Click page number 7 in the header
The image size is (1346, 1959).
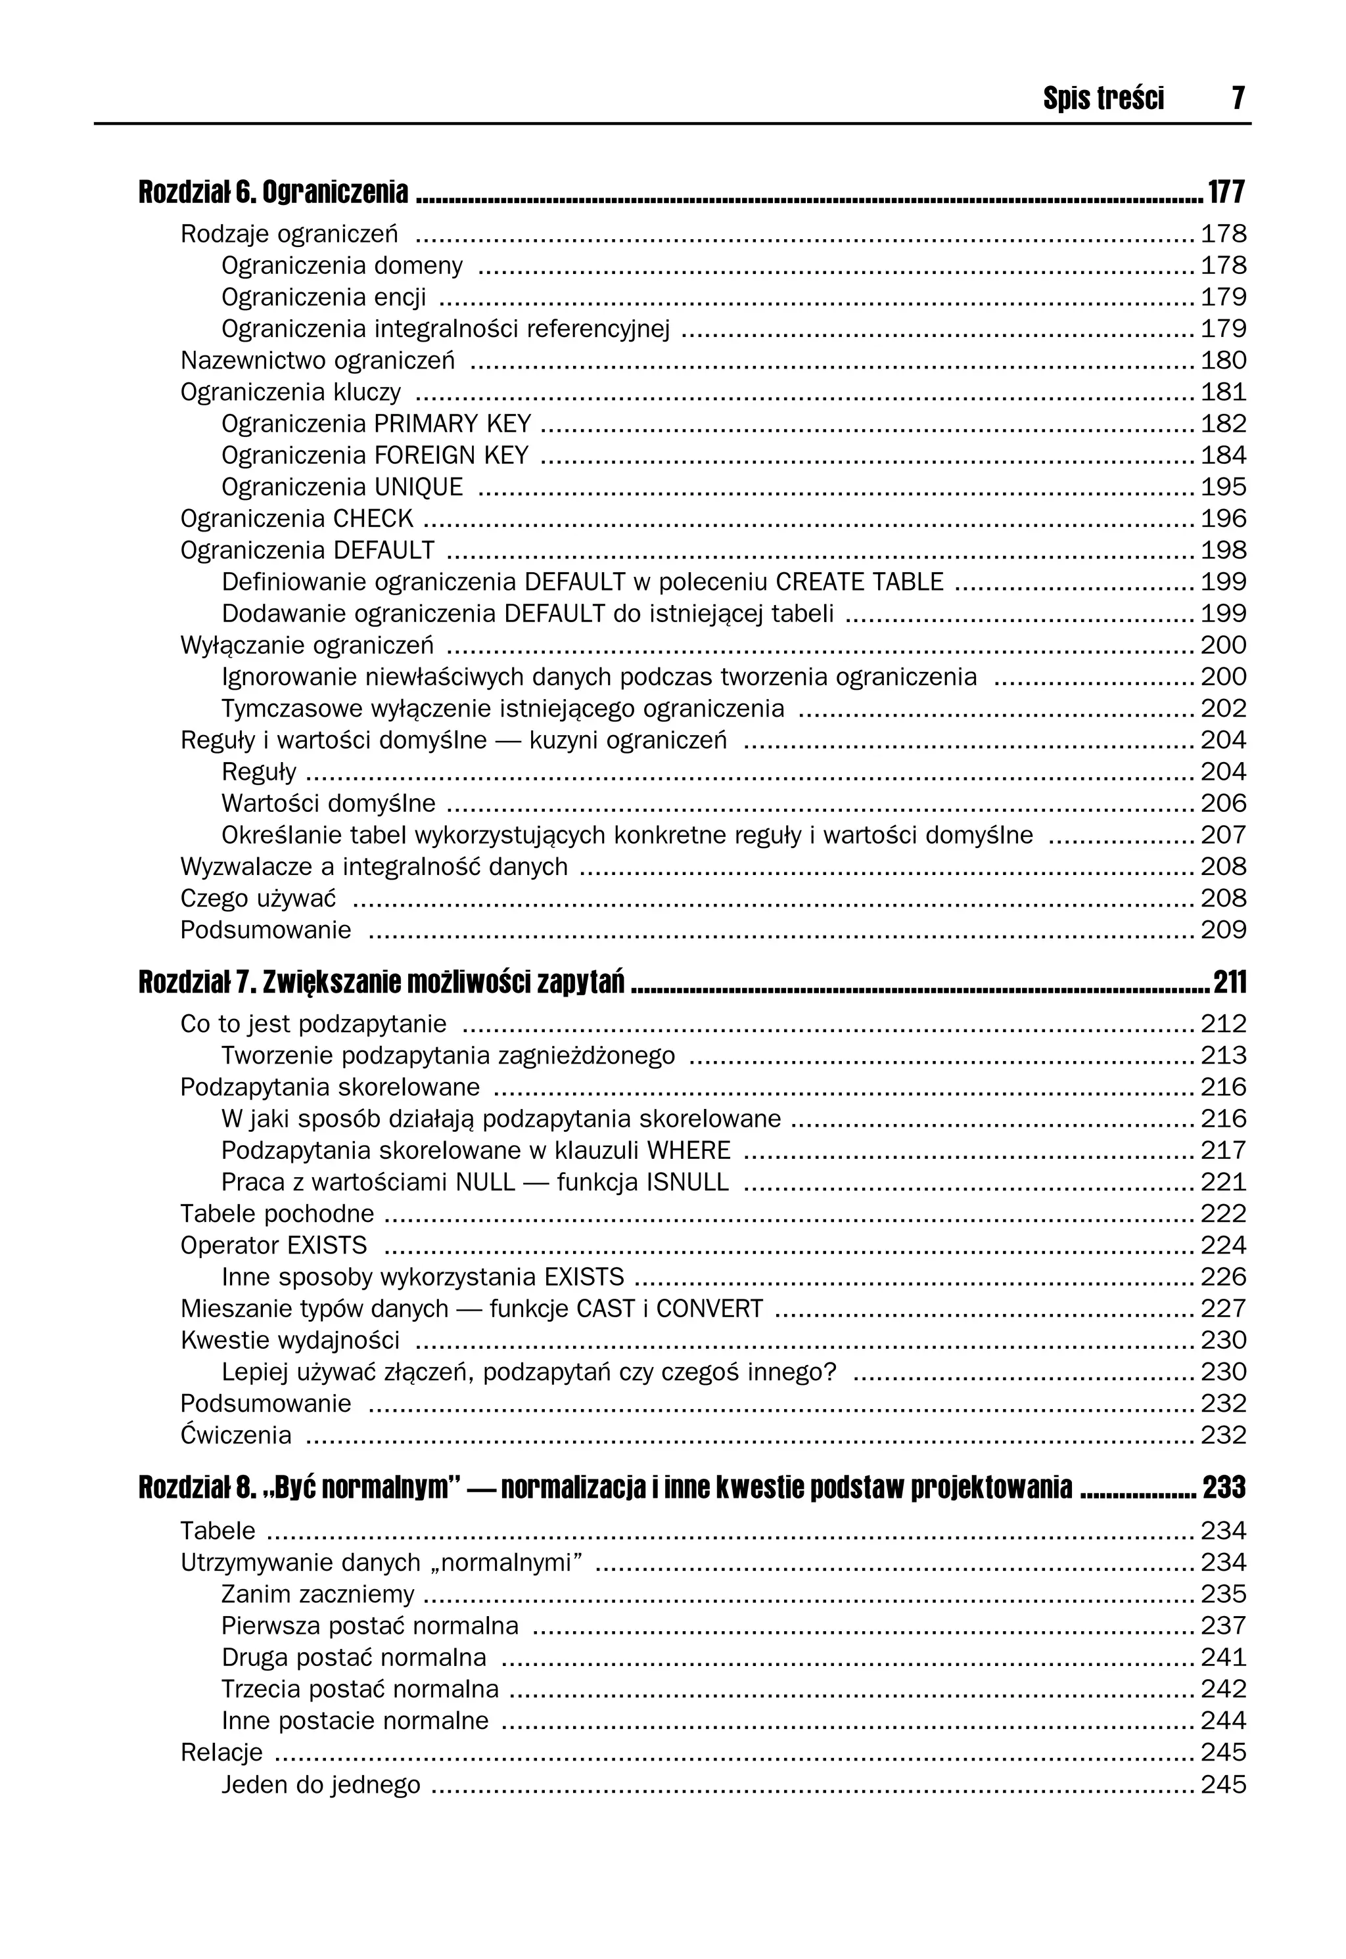(1237, 99)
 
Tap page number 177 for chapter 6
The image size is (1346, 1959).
(1226, 193)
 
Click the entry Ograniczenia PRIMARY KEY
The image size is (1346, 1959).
(376, 424)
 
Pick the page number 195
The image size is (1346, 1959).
(1223, 487)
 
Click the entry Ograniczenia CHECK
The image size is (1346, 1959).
(297, 519)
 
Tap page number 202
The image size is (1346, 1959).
(1223, 709)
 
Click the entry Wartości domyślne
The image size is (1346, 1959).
(328, 804)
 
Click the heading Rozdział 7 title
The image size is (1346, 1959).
(381, 983)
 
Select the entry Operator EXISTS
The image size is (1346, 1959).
(273, 1246)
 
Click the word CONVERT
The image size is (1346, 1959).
(709, 1309)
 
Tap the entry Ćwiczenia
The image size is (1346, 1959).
(235, 1435)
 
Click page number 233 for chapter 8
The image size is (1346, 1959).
(1224, 1489)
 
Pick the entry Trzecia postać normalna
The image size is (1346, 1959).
(360, 1689)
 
